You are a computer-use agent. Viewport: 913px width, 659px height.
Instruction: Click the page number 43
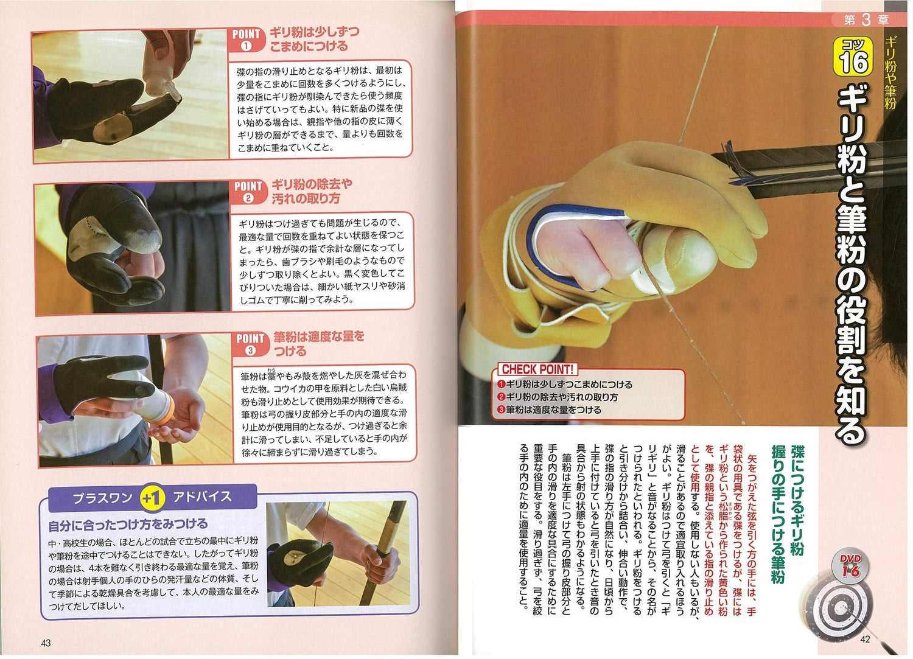[46, 643]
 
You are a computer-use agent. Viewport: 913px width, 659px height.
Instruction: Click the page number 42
[865, 639]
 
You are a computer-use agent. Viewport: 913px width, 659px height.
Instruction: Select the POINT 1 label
[247, 39]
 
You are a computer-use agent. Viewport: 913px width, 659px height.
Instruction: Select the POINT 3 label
[250, 343]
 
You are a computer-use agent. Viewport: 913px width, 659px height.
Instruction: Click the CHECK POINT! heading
[537, 369]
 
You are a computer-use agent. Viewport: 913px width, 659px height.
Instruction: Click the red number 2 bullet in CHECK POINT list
[501, 397]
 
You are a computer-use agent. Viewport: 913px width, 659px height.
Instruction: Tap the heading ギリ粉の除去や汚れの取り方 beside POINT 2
[312, 191]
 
